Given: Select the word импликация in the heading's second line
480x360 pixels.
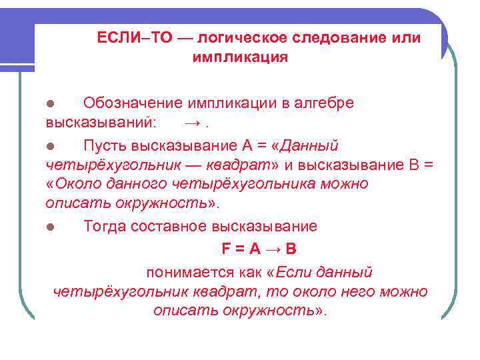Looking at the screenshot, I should pos(240,57).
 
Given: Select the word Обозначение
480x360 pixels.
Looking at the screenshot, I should pos(133,103).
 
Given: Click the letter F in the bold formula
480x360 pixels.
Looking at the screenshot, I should pos(225,249).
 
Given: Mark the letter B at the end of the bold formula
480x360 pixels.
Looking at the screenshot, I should pos(291,249).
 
